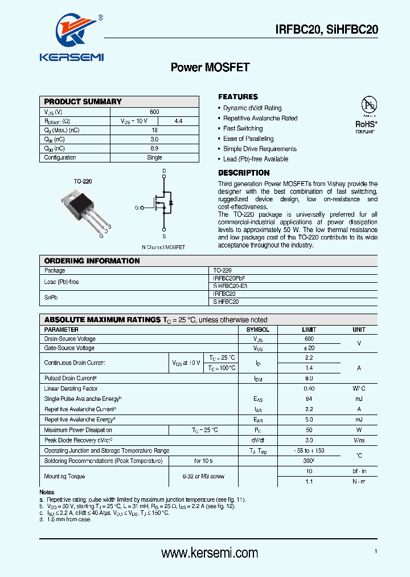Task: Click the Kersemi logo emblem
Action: [x=71, y=34]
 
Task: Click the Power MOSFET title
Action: [x=210, y=67]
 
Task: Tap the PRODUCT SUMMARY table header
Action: [x=83, y=101]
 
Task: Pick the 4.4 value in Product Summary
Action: [x=178, y=121]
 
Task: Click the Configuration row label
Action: [x=60, y=157]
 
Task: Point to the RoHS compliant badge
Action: [x=367, y=115]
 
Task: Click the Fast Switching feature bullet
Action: [x=243, y=128]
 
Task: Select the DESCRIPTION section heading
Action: [x=244, y=173]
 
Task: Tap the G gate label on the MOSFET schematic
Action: [x=137, y=208]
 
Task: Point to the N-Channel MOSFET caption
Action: [x=163, y=247]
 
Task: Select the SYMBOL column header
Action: [x=257, y=330]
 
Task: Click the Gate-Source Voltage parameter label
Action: [x=69, y=348]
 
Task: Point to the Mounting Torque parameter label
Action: [x=65, y=476]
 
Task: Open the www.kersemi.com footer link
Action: [x=210, y=552]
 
